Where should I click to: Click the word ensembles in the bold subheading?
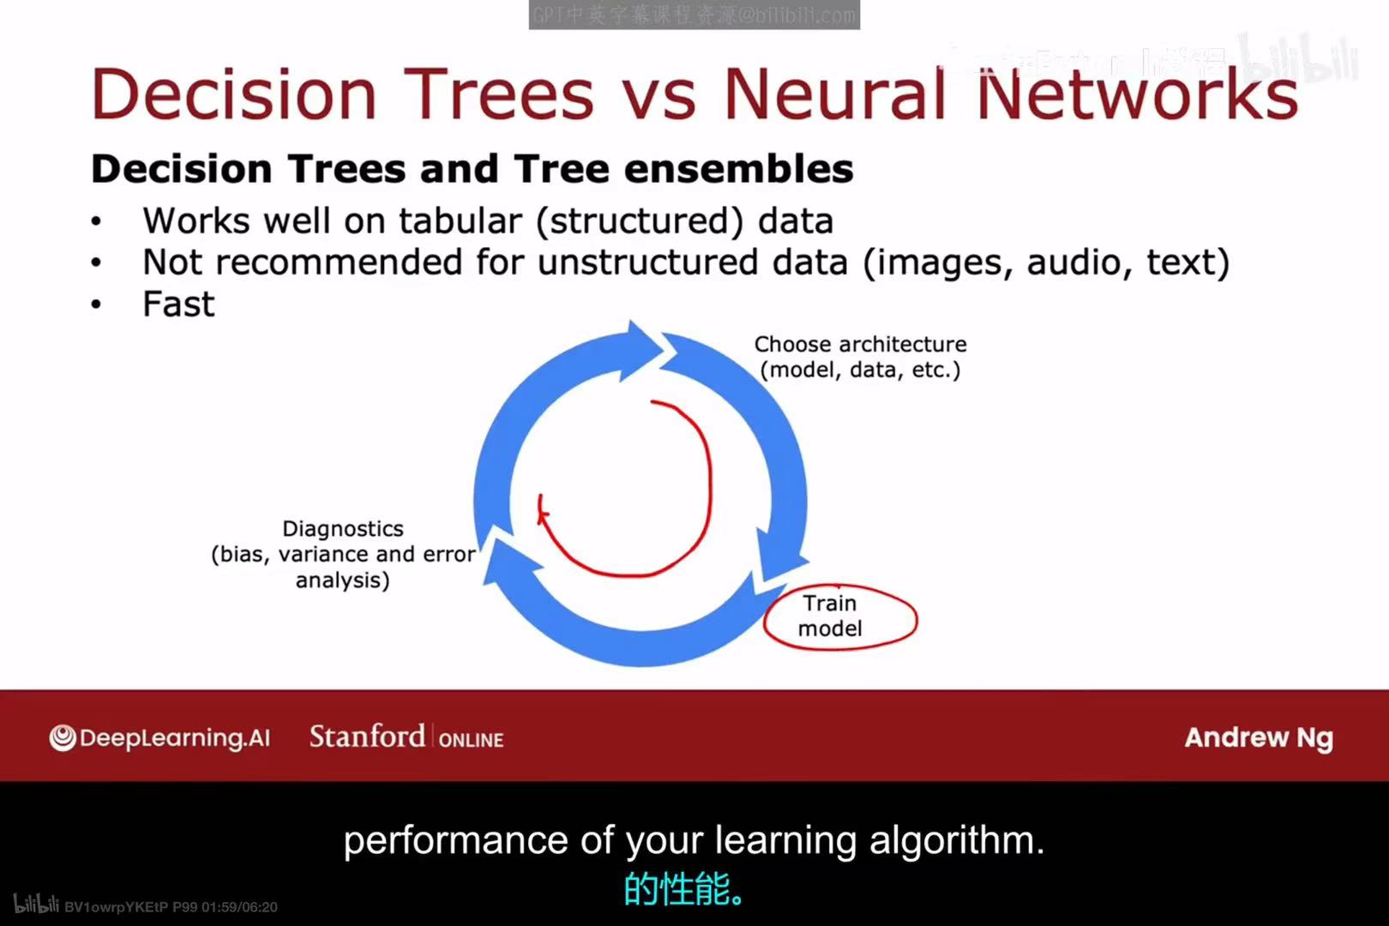pyautogui.click(x=738, y=169)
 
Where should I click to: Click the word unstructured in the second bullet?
pyautogui.click(x=647, y=262)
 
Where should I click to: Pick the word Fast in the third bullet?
pyautogui.click(x=178, y=304)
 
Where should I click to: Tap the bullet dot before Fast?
pyautogui.click(x=96, y=304)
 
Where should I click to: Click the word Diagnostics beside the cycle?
pyautogui.click(x=343, y=529)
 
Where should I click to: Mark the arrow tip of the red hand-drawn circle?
pyautogui.click(x=542, y=513)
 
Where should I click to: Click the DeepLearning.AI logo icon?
pyautogui.click(x=63, y=737)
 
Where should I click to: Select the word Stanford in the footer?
pyautogui.click(x=367, y=737)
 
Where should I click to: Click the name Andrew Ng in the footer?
pyautogui.click(x=1258, y=737)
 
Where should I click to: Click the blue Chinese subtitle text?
pyautogui.click(x=684, y=889)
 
